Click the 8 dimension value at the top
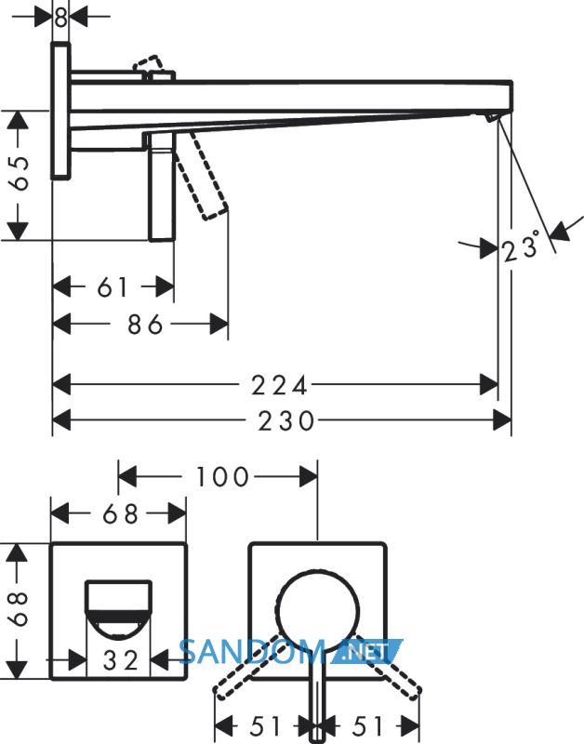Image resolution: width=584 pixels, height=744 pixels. [60, 18]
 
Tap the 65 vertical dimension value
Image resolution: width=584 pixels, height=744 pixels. [20, 173]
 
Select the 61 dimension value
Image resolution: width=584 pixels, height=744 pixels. [112, 287]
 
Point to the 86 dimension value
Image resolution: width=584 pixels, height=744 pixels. [145, 325]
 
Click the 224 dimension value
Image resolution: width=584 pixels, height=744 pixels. [279, 385]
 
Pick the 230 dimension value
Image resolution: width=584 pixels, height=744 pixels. [285, 420]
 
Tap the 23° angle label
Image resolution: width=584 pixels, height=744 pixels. [521, 246]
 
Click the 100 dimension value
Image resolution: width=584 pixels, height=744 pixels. [222, 476]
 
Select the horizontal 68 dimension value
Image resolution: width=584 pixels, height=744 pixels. [121, 514]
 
